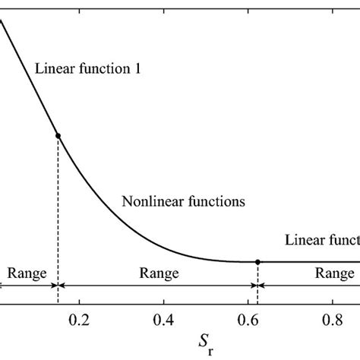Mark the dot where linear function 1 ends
click(58, 135)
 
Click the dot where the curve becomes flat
click(257, 261)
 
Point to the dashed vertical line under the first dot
click(58, 205)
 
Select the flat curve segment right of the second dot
click(311, 261)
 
